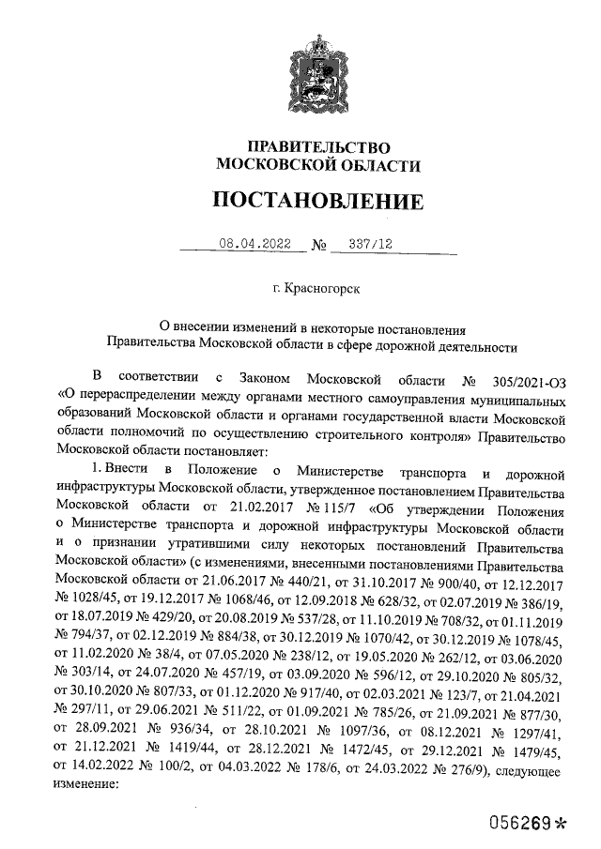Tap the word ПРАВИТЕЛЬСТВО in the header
(316, 147)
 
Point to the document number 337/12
(369, 244)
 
